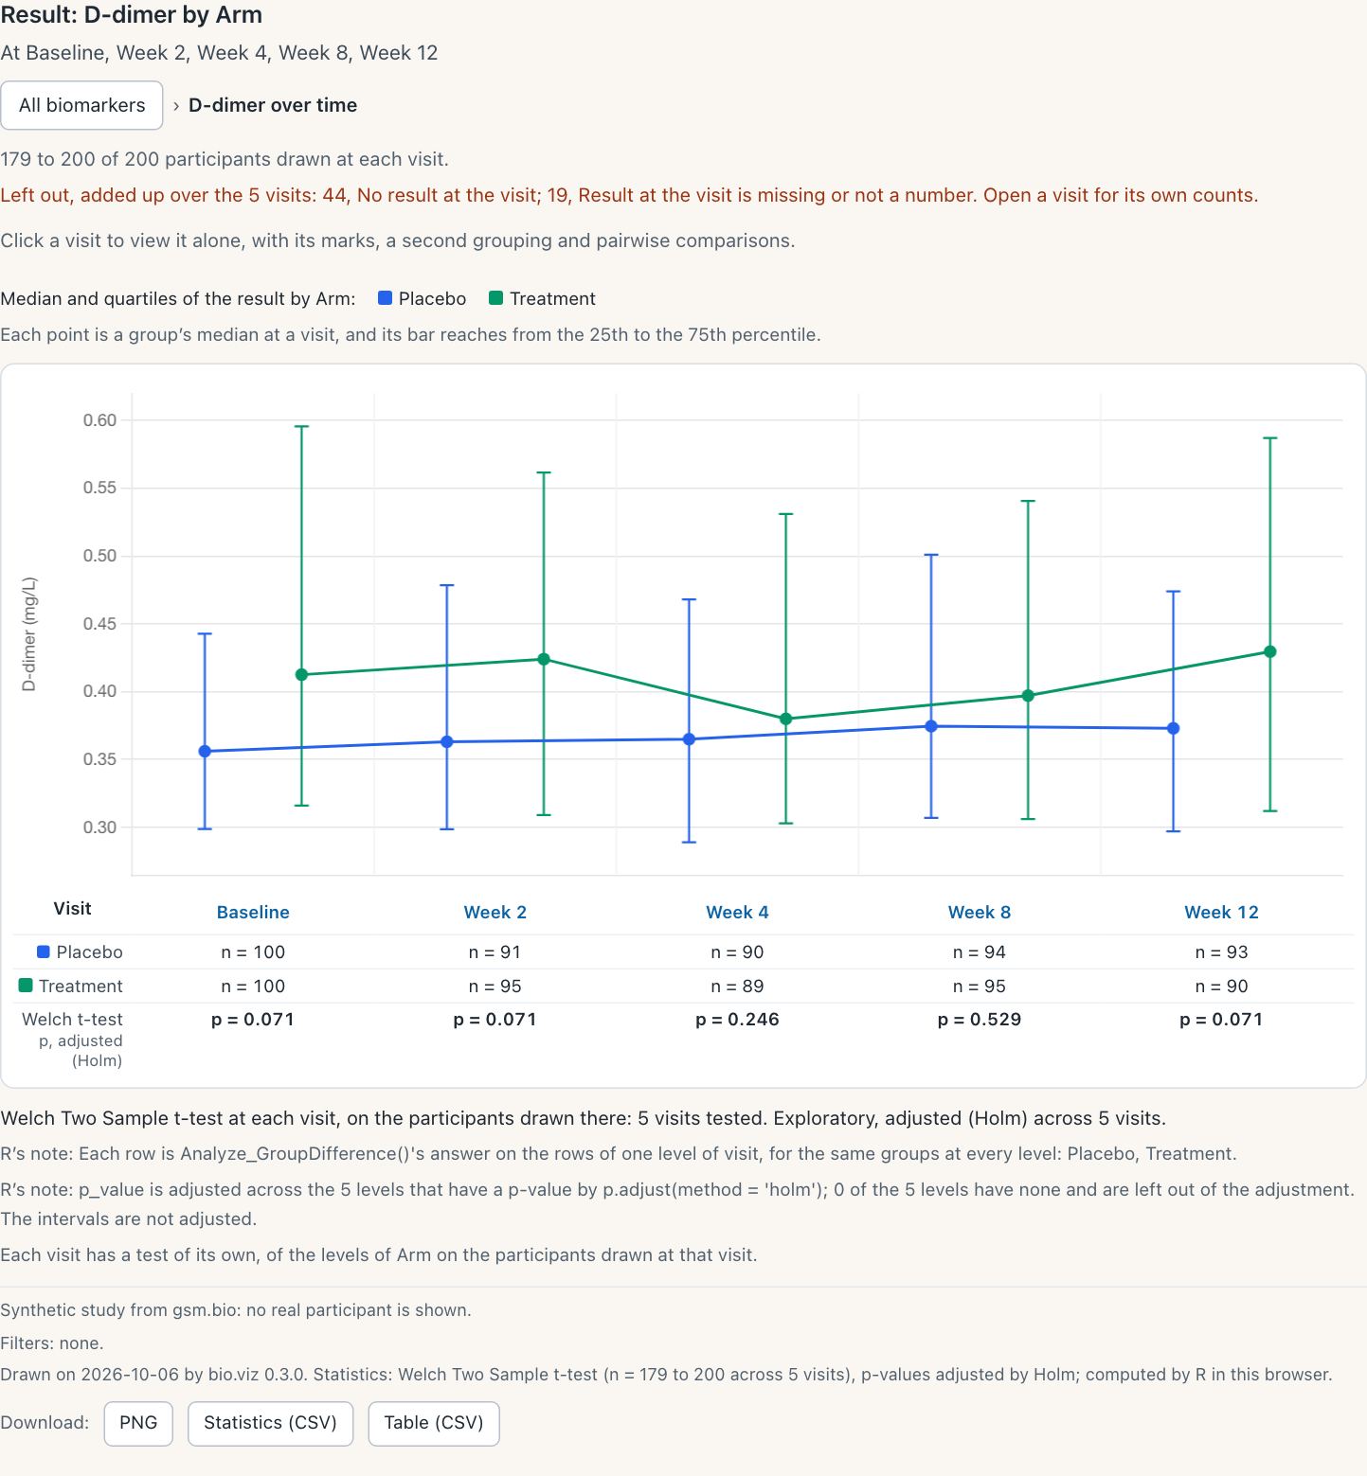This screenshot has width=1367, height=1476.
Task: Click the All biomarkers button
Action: [82, 105]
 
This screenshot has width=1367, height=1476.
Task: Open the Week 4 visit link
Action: [737, 913]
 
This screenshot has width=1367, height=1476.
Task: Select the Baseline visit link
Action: [253, 913]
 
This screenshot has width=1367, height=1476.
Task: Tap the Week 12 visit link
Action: [1221, 913]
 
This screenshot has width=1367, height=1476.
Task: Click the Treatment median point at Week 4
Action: [785, 720]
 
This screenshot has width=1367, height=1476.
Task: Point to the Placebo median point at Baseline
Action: [205, 752]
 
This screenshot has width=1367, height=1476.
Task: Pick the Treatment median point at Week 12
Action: [1270, 652]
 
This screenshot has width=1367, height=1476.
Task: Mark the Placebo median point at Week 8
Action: [931, 726]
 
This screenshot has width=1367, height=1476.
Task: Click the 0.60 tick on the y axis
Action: [99, 420]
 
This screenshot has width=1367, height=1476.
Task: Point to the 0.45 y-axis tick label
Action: [99, 624]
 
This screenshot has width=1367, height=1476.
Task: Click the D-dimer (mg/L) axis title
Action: [28, 633]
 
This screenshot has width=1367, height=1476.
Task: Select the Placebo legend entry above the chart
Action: [423, 298]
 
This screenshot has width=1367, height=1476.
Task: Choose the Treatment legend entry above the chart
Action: [543, 298]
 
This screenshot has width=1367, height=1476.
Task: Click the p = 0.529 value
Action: [980, 1020]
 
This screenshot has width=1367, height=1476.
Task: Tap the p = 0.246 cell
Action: [737, 1020]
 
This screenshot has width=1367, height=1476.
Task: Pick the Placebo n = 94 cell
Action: [980, 952]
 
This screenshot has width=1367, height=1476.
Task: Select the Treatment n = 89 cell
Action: [737, 987]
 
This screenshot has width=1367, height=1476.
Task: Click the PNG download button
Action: [138, 1423]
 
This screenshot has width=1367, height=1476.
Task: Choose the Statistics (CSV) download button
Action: [270, 1423]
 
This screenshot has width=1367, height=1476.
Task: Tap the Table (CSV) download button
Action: [434, 1423]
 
